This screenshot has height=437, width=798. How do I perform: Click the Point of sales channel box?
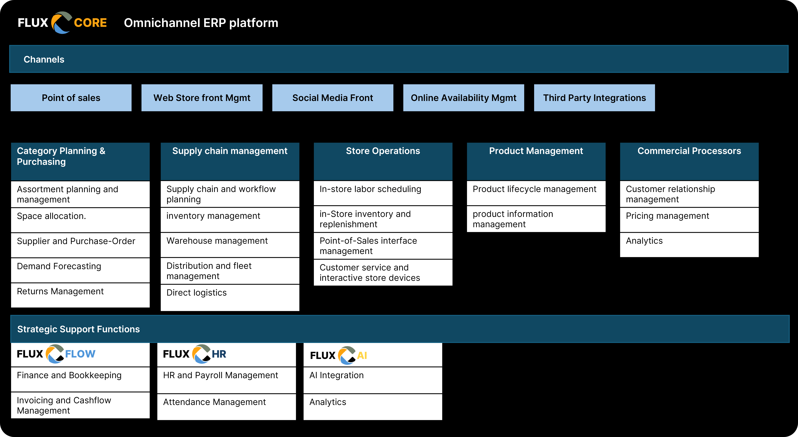71,98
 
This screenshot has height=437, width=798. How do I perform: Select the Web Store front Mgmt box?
202,98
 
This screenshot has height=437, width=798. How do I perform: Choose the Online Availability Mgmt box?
463,98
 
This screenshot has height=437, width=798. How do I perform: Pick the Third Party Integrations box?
594,98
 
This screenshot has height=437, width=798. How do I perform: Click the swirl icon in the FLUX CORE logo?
61,23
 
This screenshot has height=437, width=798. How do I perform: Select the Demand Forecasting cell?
80,270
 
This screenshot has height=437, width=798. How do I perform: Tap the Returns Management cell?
80,295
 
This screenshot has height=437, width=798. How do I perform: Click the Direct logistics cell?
230,297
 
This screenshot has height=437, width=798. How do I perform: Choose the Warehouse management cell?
230,244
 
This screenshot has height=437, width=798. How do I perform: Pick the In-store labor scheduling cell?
383,193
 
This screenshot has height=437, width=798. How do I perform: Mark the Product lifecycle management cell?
536,193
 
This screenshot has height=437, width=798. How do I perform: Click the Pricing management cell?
689,219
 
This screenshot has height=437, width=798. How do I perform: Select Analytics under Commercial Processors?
689,244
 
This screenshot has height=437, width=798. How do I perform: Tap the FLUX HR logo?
195,354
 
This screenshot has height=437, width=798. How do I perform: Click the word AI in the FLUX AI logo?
362,356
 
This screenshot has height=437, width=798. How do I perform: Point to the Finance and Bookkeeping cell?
80,379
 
